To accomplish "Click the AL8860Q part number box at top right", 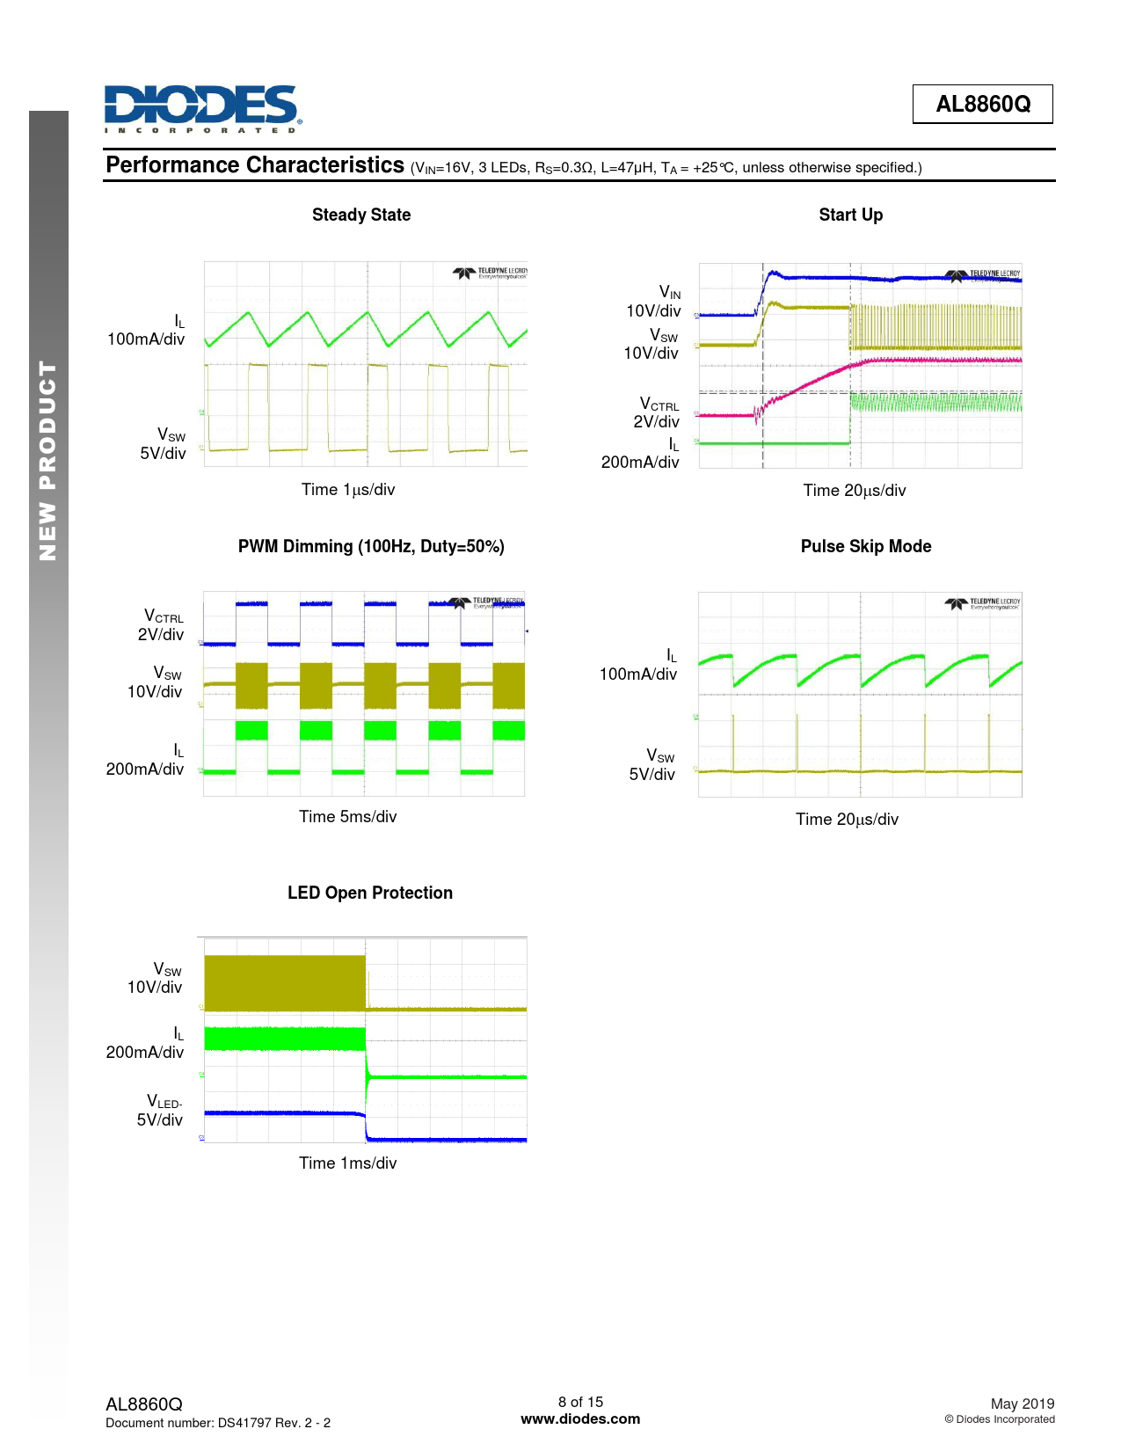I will [982, 105].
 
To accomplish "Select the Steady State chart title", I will [361, 215].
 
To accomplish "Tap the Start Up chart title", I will [850, 215].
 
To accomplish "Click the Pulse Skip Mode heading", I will [865, 546].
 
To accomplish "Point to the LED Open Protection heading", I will [369, 893].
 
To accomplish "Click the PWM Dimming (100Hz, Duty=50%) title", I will [371, 546].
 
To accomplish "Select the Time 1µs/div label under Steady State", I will [348, 490].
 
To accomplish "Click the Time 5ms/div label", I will [347, 817].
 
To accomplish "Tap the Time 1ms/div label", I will [347, 1163].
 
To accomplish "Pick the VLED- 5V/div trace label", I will [160, 1111].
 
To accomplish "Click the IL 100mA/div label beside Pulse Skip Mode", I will [639, 666].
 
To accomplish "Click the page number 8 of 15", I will [580, 1402].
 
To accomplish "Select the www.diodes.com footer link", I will [580, 1418].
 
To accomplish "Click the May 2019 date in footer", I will [1022, 1404].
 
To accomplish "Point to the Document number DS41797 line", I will [218, 1423].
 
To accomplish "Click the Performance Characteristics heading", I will [255, 165].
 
